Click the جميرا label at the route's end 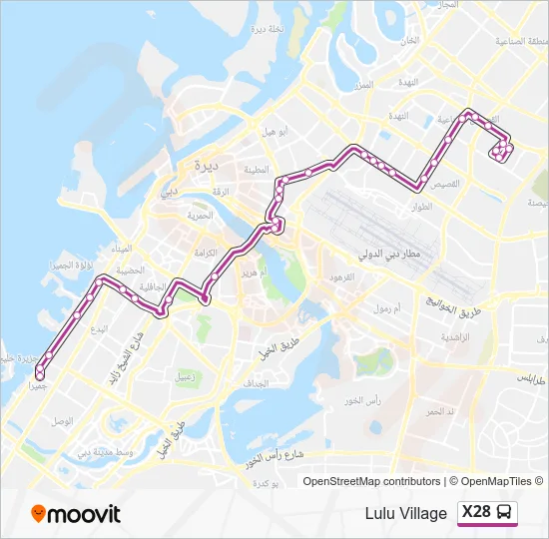[x=37, y=384]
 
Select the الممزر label [x=361, y=85]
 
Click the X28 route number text [x=476, y=513]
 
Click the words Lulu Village [x=406, y=514]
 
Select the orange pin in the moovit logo [x=39, y=514]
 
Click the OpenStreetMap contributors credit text [x=372, y=481]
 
